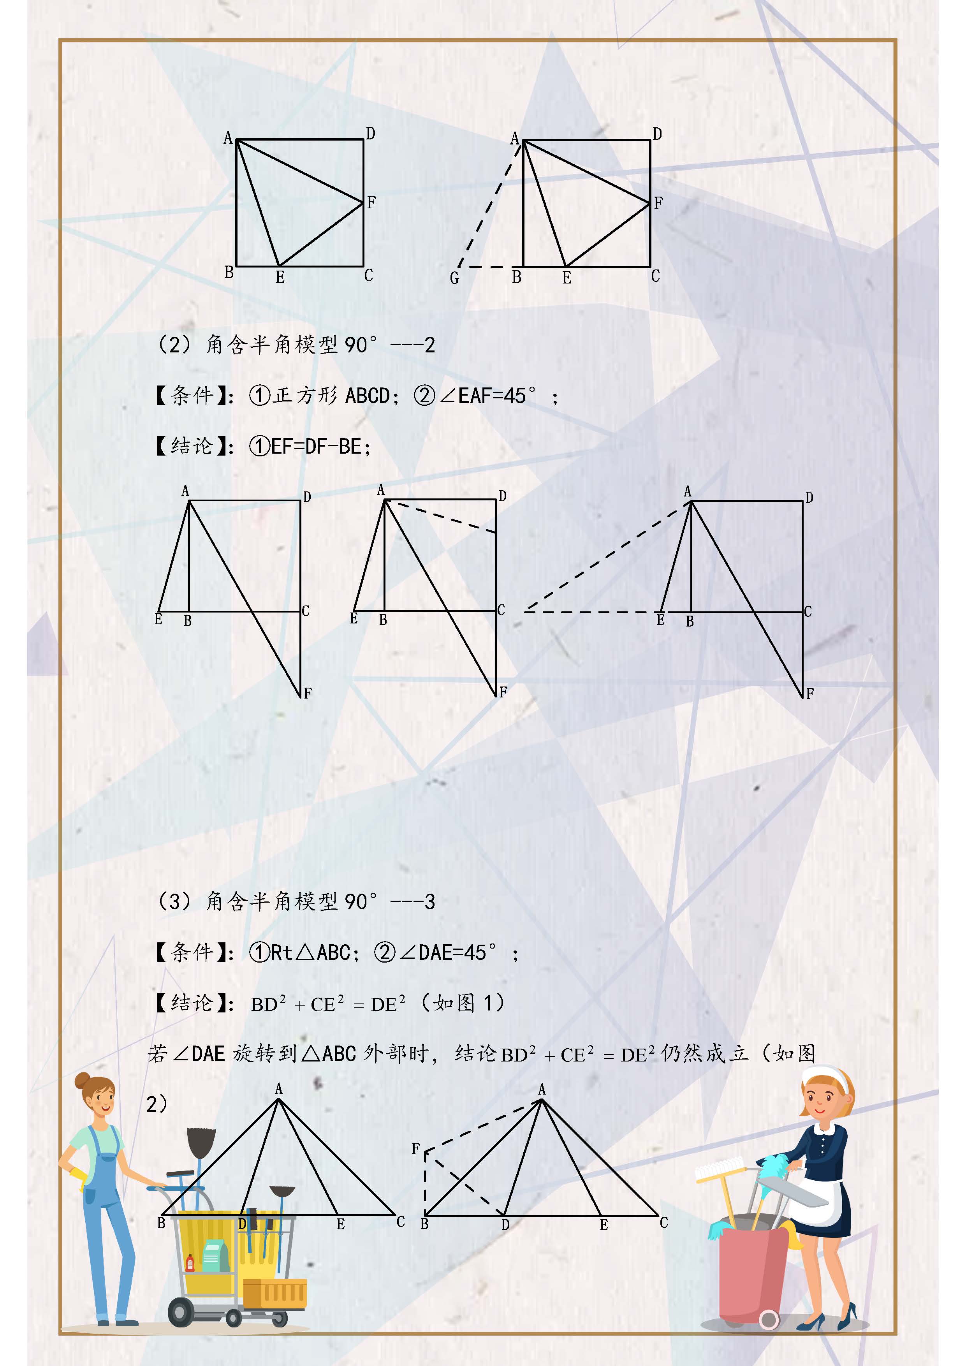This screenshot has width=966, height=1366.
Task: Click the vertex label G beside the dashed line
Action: tap(454, 278)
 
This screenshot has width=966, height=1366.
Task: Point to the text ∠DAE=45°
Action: tap(457, 952)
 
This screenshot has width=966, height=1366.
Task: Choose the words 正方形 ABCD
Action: tap(332, 396)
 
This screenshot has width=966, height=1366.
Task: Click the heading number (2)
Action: tap(174, 345)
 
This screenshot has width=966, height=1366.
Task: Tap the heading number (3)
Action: tap(174, 901)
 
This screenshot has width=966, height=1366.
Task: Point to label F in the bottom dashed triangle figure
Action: tap(416, 1148)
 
